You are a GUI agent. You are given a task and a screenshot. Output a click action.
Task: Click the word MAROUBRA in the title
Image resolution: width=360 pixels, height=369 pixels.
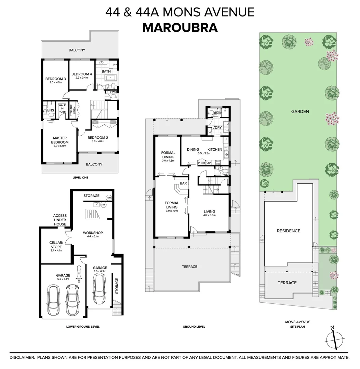[180, 27]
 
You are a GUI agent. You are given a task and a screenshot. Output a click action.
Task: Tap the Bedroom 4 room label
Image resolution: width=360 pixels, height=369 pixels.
[82, 74]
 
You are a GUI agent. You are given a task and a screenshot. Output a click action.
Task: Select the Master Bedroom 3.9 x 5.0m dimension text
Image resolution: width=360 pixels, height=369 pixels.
[60, 146]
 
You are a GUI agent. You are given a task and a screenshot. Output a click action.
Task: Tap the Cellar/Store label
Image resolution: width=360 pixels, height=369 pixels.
[56, 245]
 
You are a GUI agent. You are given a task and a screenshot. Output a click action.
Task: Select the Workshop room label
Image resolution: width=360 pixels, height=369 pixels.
[93, 233]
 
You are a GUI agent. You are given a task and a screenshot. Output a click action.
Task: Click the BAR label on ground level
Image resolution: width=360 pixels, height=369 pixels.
[183, 183]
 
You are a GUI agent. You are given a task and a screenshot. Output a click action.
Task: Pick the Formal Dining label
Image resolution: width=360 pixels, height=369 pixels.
[168, 155]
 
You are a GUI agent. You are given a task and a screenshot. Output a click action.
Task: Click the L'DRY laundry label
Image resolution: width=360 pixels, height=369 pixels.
[217, 127]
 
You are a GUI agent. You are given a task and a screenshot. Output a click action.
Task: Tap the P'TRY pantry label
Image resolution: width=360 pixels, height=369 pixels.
[202, 163]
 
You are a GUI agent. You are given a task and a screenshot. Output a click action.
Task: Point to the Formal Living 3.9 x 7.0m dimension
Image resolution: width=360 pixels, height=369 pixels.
[172, 211]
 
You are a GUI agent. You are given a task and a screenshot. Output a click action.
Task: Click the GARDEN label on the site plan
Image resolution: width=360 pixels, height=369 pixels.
[300, 111]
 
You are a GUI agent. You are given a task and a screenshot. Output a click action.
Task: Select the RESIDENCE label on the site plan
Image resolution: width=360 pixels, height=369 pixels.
[288, 231]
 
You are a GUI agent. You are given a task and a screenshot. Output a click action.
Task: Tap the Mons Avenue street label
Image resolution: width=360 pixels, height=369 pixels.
[297, 322]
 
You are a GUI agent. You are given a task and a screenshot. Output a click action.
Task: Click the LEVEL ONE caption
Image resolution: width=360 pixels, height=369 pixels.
[80, 178]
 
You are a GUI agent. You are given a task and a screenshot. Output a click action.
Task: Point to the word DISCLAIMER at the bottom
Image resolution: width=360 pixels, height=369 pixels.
[22, 357]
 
